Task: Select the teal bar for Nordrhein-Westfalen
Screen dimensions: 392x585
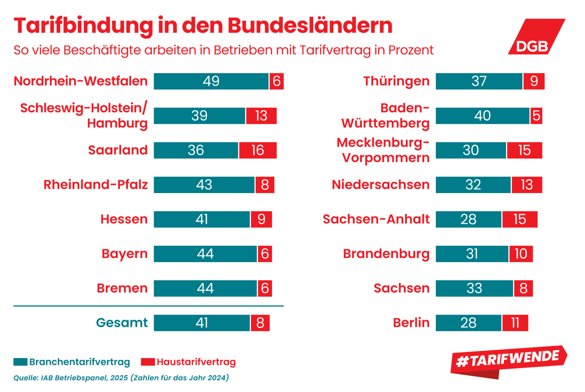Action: pos(211,81)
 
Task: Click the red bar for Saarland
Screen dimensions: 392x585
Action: pos(258,150)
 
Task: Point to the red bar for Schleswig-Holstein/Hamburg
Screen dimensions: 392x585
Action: pos(261,116)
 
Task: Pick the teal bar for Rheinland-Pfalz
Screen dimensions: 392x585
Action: pos(204,185)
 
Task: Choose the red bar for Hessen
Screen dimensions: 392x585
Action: pos(261,219)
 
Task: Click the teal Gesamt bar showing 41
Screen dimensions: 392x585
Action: pos(201,323)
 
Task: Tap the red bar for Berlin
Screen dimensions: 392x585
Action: pos(515,323)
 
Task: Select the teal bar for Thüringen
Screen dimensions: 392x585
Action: pos(479,81)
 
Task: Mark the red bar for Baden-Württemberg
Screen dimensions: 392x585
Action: pos(536,116)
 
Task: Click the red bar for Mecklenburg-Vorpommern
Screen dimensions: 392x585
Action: pos(524,150)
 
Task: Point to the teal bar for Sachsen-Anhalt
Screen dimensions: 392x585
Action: pos(468,219)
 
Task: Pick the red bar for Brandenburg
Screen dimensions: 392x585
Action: pos(521,254)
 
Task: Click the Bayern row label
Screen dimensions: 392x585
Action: pos(124,254)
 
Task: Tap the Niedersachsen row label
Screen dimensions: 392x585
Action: pos(380,185)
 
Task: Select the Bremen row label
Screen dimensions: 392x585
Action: pos(122,288)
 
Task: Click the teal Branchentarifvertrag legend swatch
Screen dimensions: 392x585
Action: pos(20,362)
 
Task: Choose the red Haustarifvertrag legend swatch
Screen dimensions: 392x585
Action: pos(148,362)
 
